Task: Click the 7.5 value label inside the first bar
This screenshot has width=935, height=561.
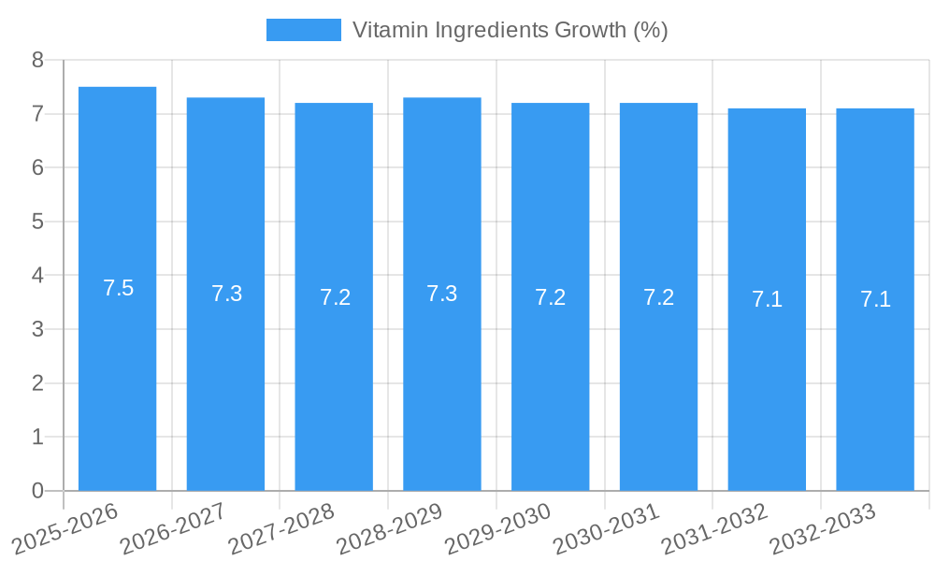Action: [119, 289]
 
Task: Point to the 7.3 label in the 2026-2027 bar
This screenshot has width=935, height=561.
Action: [226, 294]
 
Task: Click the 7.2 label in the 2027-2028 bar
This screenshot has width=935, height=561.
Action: [335, 297]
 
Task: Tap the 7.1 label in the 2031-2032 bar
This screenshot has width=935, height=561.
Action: [767, 300]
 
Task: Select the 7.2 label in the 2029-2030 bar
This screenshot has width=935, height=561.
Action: [551, 297]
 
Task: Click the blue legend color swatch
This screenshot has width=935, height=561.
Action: [304, 30]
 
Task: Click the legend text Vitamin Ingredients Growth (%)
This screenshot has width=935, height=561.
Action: [510, 30]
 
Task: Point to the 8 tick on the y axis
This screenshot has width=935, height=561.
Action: [37, 61]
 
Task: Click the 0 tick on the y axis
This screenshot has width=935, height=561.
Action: [37, 491]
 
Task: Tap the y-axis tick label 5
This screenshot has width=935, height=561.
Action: [37, 223]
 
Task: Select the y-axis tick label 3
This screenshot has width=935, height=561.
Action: [37, 330]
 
